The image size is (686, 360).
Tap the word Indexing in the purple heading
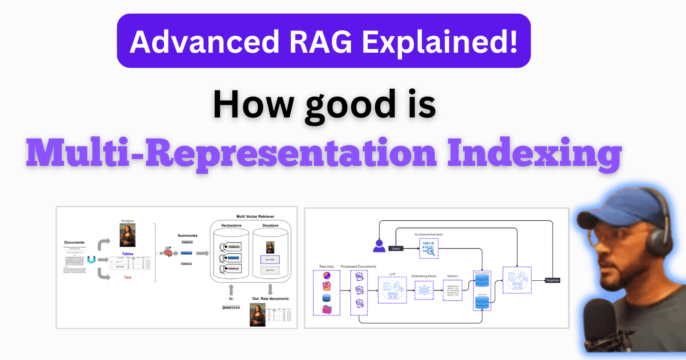tap(534, 153)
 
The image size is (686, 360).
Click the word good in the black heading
tap(351, 105)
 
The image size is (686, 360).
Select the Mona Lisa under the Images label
tap(127, 235)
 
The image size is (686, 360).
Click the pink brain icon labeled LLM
tap(168, 253)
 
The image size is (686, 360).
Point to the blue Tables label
tap(127, 254)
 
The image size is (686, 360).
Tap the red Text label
tap(127, 277)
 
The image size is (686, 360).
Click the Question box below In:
tap(231, 307)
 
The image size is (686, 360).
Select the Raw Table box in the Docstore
tap(270, 259)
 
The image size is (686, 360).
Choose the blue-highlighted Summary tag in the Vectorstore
tap(233, 258)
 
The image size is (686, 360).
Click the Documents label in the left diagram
tap(74, 243)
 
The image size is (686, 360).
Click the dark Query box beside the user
tap(396, 249)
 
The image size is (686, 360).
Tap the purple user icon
tap(379, 246)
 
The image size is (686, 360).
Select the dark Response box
tap(552, 280)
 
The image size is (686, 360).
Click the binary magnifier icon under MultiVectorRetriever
tap(428, 249)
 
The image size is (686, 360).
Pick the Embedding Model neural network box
tap(424, 290)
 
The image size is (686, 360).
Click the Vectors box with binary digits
tap(452, 290)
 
